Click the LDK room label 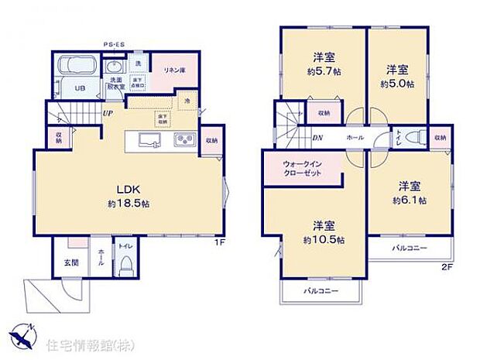[127, 190]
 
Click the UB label [78, 87]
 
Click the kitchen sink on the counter [150, 140]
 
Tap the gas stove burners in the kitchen [185, 140]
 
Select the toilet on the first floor [127, 260]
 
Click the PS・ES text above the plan [115, 45]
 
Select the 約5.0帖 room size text [397, 82]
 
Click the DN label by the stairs [295, 138]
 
